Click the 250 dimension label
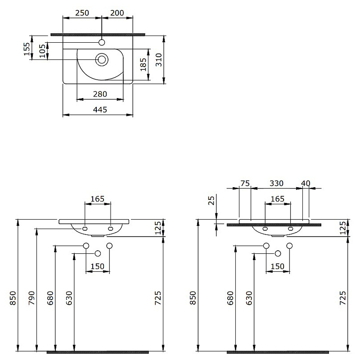pos(82,13)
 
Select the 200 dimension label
pos(117,13)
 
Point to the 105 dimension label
pos(43,51)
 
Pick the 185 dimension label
pos(144,65)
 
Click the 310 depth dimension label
pos(158,59)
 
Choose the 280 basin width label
pos(99,94)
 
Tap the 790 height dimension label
pos(31,297)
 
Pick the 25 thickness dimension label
pos(212,200)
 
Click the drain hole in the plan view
pos(102,59)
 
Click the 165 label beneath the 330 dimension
pos(277,198)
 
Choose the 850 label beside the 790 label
pos(13,297)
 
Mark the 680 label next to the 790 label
pos(50,297)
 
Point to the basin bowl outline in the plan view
pos(81,72)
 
